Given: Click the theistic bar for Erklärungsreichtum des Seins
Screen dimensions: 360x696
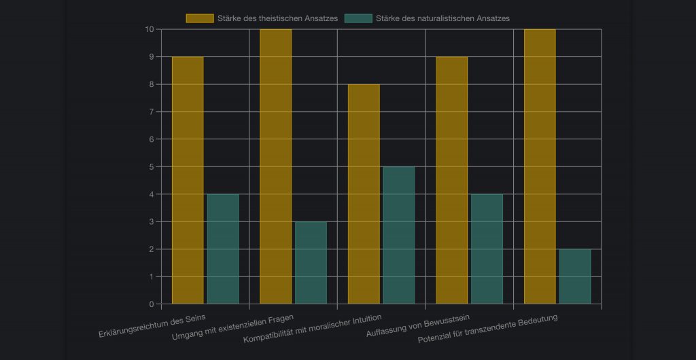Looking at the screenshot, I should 188,180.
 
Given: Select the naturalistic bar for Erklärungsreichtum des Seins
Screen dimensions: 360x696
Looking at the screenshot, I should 223,249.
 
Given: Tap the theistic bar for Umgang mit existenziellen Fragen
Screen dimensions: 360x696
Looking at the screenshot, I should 275,166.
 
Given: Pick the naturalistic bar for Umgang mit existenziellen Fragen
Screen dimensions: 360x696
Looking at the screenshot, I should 311,262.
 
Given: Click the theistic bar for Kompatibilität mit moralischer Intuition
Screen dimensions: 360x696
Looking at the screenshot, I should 364,194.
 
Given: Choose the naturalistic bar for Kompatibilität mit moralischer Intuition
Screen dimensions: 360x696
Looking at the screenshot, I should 399,235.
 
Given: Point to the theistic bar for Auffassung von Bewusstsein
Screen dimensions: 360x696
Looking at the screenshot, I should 451,180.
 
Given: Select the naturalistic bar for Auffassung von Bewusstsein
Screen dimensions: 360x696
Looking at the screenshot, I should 487,249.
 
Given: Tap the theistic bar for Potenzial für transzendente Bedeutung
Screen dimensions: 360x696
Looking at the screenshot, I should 540,166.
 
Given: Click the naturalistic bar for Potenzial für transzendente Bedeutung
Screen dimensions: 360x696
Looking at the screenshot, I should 575,276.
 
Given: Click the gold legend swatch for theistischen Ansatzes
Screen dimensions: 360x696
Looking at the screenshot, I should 200,18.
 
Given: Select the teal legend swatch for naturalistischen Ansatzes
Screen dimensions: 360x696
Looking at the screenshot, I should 359,18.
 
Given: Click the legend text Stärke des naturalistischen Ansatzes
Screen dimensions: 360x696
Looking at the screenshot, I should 442,18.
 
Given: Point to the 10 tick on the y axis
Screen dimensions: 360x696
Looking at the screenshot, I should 149,29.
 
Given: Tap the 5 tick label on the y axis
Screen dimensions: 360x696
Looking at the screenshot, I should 151,166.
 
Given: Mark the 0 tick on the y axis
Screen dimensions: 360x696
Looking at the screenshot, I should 151,304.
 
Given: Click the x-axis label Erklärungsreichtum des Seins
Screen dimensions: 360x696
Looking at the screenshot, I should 152,325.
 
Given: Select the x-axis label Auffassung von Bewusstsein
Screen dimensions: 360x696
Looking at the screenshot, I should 418,325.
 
